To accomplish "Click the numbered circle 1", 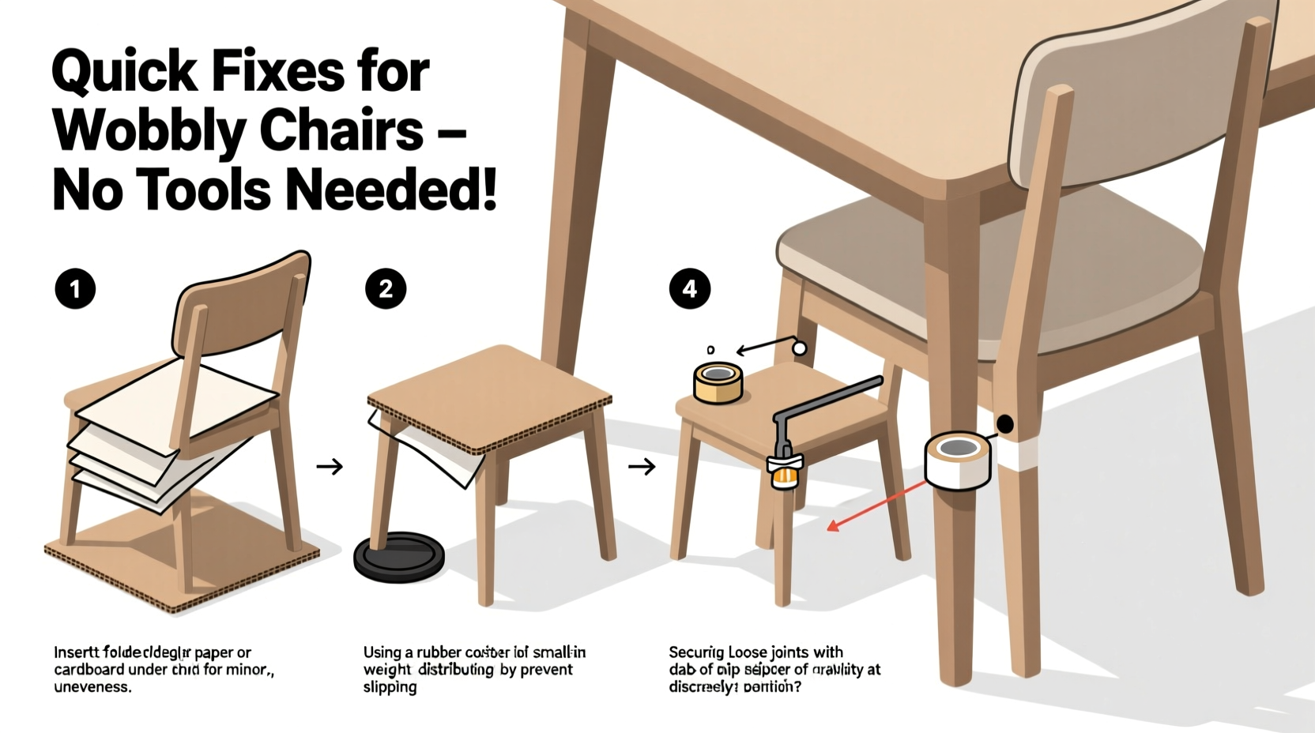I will click(75, 289).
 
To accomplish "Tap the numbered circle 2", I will click(386, 289).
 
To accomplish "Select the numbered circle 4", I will click(690, 289).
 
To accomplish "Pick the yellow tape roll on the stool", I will click(718, 382).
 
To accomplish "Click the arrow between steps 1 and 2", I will click(330, 467).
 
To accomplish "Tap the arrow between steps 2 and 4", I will click(642, 467).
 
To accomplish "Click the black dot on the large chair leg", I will click(1004, 424).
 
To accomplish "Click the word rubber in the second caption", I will click(433, 652).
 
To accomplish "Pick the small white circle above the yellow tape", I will click(799, 348).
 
